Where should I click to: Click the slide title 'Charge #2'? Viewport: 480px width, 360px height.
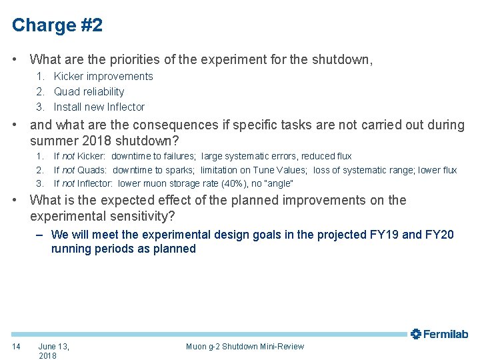[57, 25]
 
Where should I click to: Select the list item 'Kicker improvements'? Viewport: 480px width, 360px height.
[103, 77]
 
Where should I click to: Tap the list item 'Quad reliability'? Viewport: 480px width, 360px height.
[89, 92]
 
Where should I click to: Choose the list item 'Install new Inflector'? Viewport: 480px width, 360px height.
[99, 107]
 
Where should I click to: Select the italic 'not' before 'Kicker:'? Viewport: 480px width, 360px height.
[69, 157]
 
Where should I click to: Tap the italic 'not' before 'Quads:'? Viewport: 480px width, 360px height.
[69, 170]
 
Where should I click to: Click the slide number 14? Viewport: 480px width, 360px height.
[17, 346]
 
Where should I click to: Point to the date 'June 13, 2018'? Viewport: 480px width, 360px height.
[53, 351]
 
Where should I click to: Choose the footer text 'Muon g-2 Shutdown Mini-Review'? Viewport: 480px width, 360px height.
[245, 346]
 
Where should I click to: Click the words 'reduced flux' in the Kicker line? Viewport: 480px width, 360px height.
[327, 157]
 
